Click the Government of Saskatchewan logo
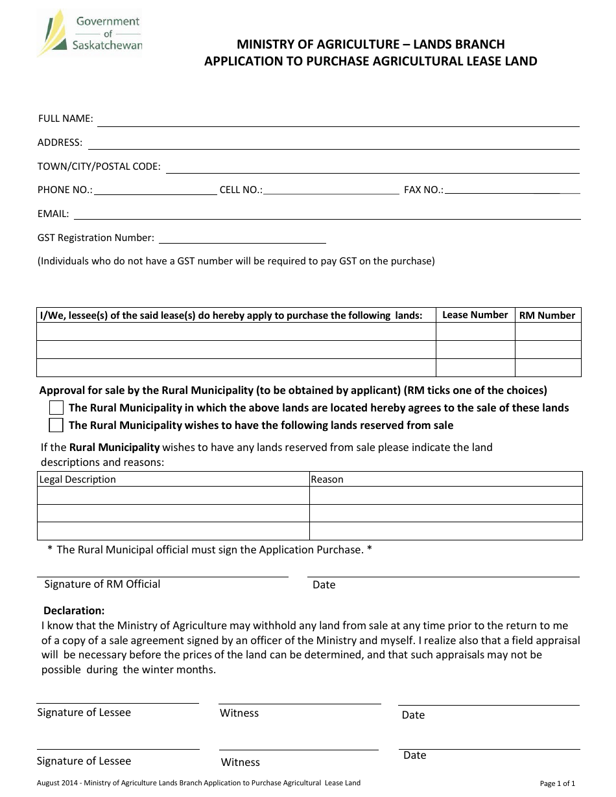click(89, 33)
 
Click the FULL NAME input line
click(338, 121)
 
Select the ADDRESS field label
click(60, 143)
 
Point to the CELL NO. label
click(241, 190)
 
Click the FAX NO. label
click(423, 190)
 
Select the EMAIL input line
click(327, 216)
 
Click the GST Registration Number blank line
click(243, 240)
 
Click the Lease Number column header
click(475, 315)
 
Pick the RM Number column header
click(547, 316)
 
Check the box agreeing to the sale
click(56, 408)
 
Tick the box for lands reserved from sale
click(56, 425)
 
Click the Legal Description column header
click(78, 479)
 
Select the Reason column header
click(327, 479)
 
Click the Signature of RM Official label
click(102, 584)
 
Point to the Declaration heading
click(74, 610)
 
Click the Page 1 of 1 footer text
click(557, 783)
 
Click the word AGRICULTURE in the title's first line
click(335, 45)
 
